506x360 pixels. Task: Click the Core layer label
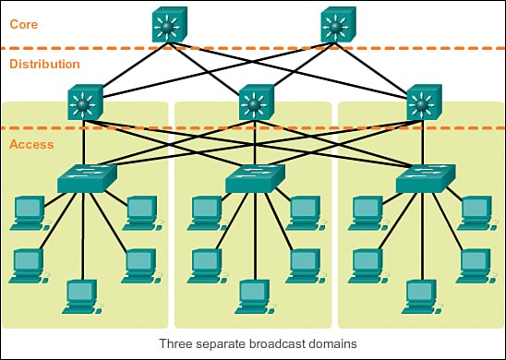point(24,23)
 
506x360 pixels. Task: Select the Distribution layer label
point(44,65)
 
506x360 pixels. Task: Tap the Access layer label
point(31,144)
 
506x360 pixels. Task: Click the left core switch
point(170,25)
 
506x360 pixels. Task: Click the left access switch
point(86,179)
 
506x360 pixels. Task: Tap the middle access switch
point(254,179)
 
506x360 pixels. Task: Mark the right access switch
point(424,179)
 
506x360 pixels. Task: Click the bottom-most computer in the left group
point(81,295)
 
